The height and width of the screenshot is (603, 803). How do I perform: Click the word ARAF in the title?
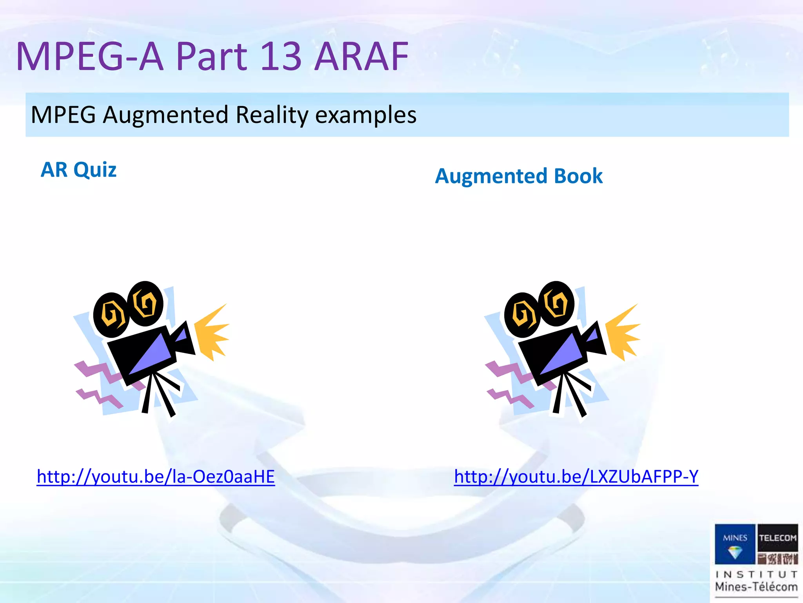click(x=361, y=57)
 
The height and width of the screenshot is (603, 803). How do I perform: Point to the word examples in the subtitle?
click(x=366, y=115)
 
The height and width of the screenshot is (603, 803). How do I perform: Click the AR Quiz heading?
click(x=78, y=170)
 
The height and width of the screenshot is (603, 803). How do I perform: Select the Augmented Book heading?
click(x=519, y=176)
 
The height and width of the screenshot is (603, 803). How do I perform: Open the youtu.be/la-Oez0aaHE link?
click(x=156, y=477)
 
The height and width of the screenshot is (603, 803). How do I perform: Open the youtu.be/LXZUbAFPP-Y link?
click(x=576, y=477)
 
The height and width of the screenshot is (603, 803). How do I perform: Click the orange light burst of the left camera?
click(x=212, y=332)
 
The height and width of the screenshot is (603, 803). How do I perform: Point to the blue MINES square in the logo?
click(x=735, y=544)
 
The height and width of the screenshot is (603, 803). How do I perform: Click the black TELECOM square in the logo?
click(x=778, y=537)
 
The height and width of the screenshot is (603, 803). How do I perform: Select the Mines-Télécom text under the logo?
click(x=756, y=587)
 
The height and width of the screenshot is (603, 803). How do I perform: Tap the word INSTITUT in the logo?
click(x=756, y=574)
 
